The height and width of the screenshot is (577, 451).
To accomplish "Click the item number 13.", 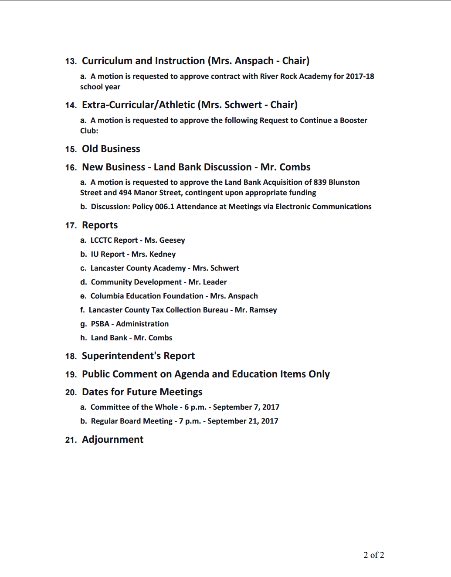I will click(x=71, y=61).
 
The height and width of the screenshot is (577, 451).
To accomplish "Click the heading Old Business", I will click(x=111, y=149).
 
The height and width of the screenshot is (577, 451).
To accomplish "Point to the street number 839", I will click(x=320, y=182).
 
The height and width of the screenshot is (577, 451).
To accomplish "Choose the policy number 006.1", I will click(x=164, y=207).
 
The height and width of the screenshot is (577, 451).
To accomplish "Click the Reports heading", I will click(x=100, y=225).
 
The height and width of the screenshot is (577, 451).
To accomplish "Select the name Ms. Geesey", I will click(x=165, y=240).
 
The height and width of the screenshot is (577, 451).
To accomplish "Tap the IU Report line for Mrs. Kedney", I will click(x=133, y=254).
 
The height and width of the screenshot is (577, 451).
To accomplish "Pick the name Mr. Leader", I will click(x=207, y=282).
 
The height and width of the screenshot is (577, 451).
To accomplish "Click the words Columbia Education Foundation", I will click(x=147, y=296).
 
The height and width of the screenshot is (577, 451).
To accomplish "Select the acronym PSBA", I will click(x=100, y=324).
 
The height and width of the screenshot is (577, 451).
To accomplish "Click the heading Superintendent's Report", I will click(x=138, y=356).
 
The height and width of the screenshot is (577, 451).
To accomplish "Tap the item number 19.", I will click(x=71, y=374).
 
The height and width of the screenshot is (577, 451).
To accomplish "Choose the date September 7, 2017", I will click(x=246, y=407).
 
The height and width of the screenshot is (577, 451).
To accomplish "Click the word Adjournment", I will click(x=112, y=440).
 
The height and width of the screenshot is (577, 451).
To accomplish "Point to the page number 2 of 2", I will click(x=374, y=555).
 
